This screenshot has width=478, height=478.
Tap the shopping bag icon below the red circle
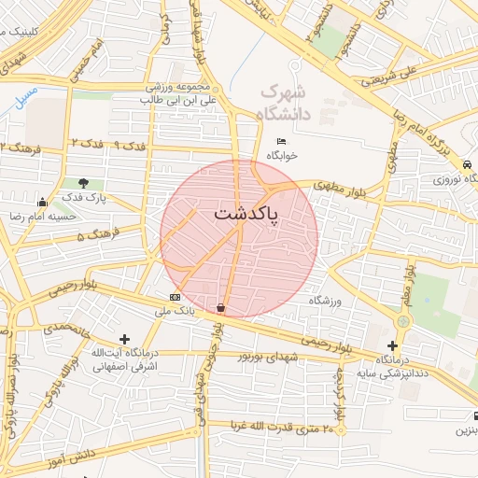(220, 306)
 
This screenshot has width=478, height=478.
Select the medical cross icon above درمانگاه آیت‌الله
(125, 338)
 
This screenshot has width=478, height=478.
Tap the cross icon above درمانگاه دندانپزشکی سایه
(392, 345)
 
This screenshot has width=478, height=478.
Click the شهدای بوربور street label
(267, 355)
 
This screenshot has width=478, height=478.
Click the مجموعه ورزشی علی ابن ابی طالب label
(177, 91)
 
